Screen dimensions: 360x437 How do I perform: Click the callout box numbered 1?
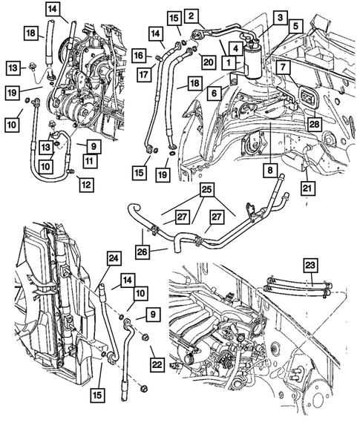point(229,62)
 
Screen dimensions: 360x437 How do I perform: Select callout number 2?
point(191,16)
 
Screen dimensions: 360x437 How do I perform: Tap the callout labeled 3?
point(281,18)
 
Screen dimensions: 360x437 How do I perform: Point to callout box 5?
point(295,27)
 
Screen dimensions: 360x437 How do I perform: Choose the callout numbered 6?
point(214,93)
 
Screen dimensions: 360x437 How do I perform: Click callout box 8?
point(270,170)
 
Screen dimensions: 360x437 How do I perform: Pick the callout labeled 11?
point(90,161)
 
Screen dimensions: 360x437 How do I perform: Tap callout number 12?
point(86,185)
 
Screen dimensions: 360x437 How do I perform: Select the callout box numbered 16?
point(139,56)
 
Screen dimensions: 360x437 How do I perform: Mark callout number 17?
point(144,75)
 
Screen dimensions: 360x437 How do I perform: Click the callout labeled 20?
point(208,62)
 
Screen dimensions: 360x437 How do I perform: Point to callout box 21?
point(307,188)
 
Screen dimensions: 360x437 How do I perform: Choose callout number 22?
point(157,364)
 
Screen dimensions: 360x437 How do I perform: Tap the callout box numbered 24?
point(114,259)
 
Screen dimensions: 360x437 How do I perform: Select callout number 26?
point(143,252)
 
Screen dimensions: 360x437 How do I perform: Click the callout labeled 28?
point(314,124)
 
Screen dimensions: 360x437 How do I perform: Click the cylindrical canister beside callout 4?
point(252,63)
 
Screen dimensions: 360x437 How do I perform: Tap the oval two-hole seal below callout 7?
point(307,97)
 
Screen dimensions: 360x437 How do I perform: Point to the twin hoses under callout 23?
point(298,286)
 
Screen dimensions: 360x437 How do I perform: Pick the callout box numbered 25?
point(207,190)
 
